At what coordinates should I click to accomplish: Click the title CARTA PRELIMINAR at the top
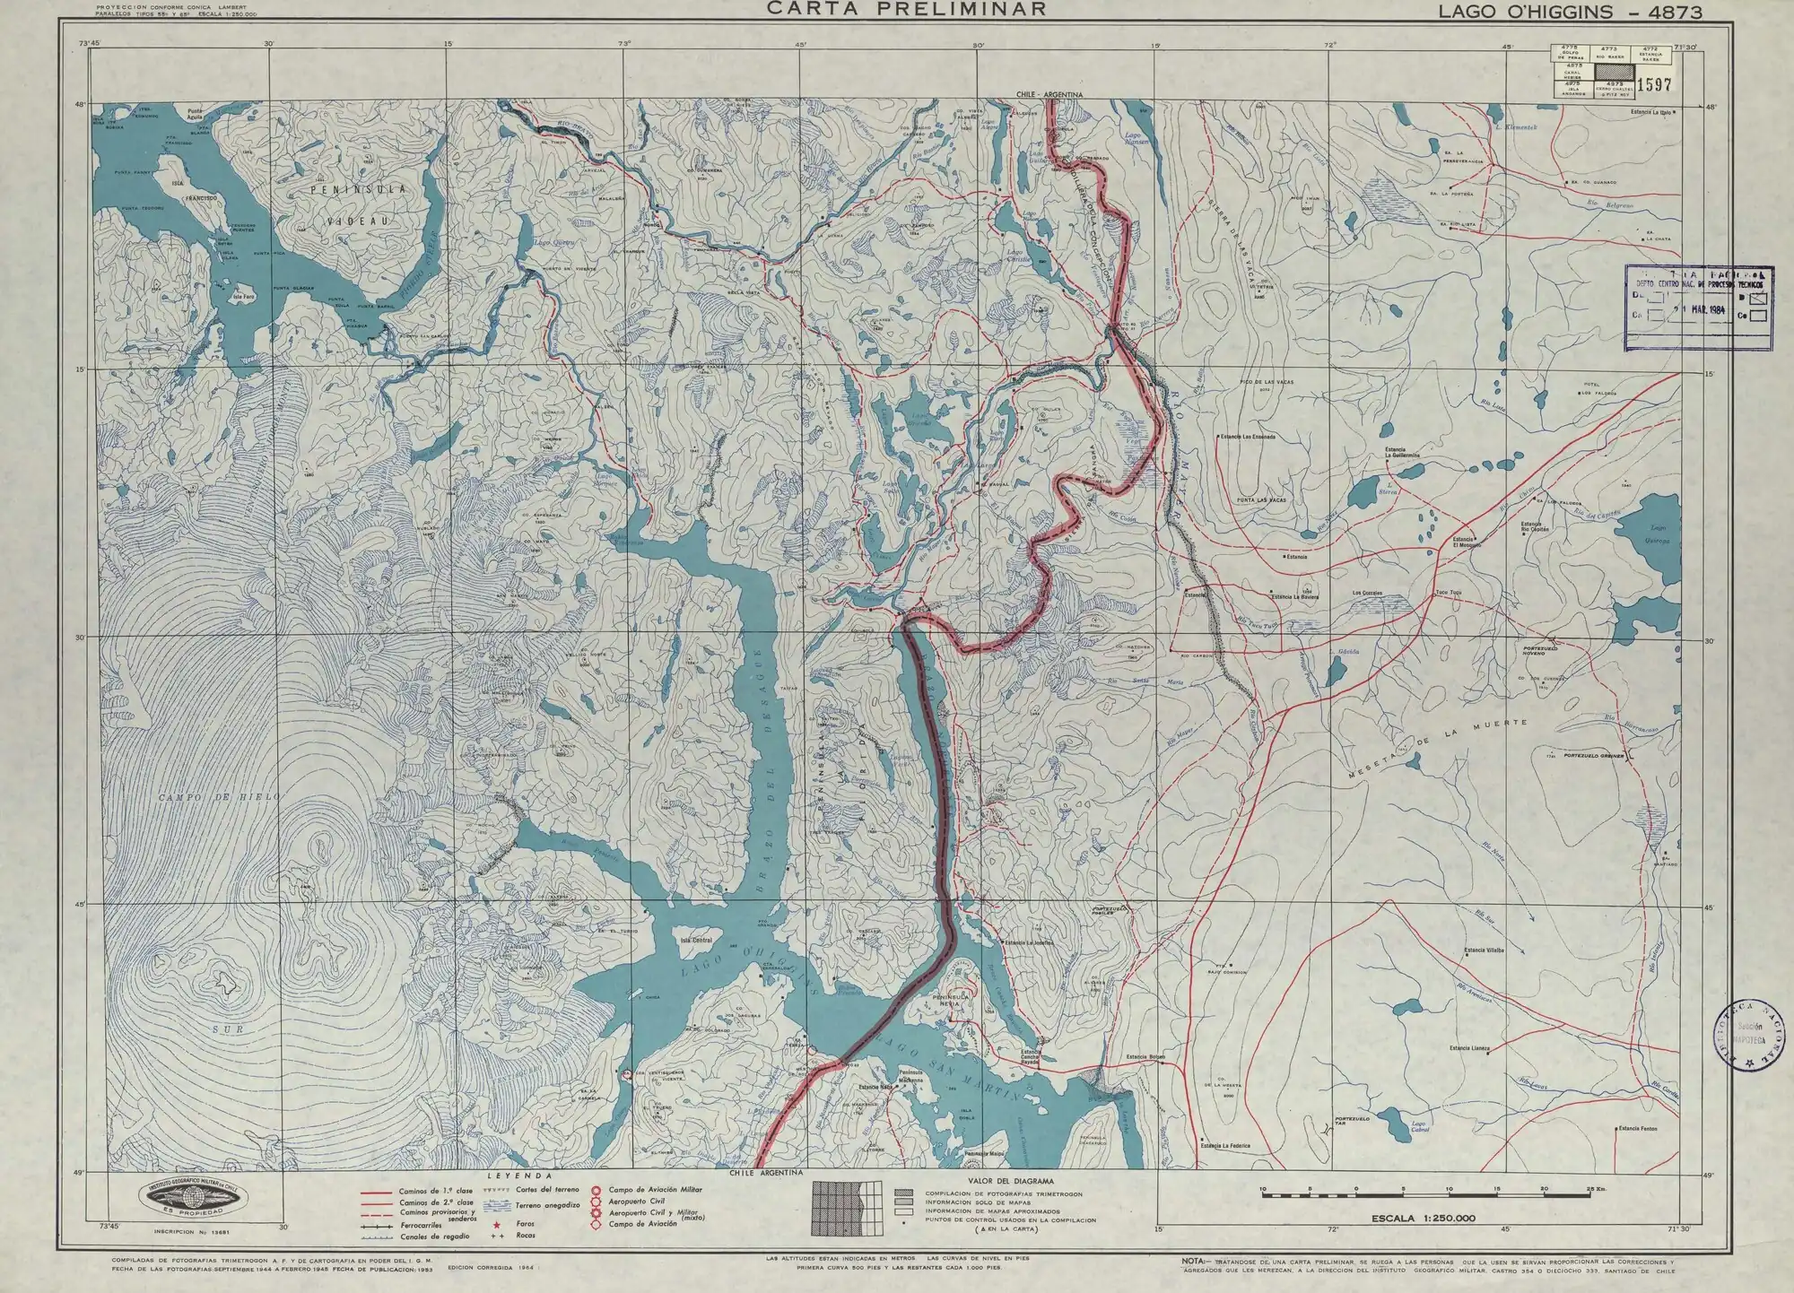[x=906, y=9]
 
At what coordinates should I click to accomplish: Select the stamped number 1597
[x=1654, y=85]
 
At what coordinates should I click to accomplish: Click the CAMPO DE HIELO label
[x=221, y=796]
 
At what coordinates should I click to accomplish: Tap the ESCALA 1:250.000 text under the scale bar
[x=1423, y=1218]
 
